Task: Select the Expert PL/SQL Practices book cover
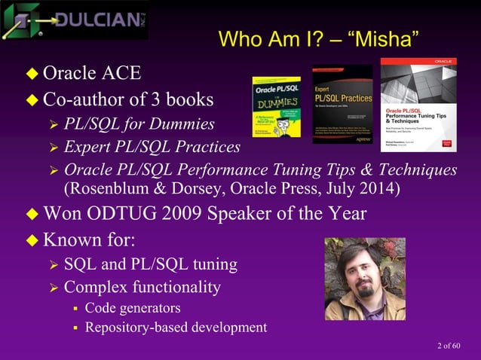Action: coord(342,106)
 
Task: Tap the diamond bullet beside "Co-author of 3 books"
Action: coord(32,100)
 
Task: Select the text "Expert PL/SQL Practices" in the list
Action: coord(152,146)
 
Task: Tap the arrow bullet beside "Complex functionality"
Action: coord(53,287)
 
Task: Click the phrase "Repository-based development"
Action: coord(176,327)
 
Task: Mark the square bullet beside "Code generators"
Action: coord(75,308)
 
